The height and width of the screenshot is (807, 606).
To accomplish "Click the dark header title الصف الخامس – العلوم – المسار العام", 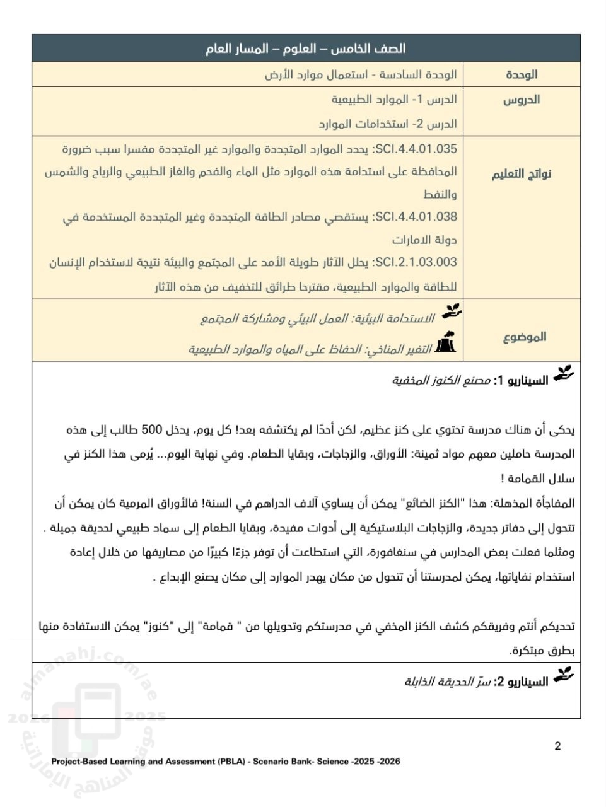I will click(x=305, y=49).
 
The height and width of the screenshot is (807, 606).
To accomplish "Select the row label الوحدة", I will click(x=522, y=74).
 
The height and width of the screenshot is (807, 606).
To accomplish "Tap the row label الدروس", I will click(x=522, y=100).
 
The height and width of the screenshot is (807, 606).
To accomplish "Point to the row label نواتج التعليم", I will click(x=522, y=174).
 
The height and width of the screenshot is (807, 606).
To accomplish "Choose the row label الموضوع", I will click(x=525, y=337).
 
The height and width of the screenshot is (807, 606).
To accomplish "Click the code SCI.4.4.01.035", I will click(x=416, y=149).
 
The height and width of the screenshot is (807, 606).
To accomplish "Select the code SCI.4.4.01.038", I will click(x=416, y=217).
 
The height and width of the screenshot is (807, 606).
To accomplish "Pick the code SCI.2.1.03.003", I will click(x=416, y=262).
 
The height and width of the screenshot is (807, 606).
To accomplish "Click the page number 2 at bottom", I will click(x=557, y=746).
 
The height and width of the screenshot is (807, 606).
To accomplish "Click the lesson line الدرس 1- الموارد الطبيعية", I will click(x=394, y=100).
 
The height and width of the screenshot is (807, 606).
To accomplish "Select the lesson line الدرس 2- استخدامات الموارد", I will click(x=388, y=124).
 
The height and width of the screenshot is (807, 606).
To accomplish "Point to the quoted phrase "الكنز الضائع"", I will click(x=438, y=503).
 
